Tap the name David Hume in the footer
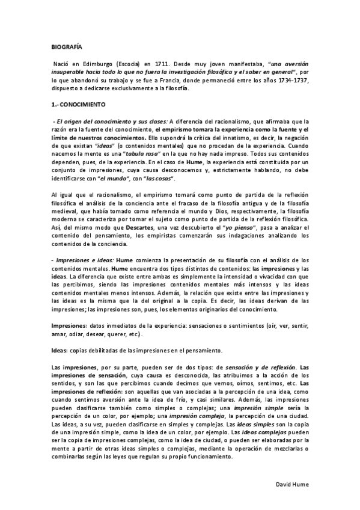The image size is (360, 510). tap(292, 484)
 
